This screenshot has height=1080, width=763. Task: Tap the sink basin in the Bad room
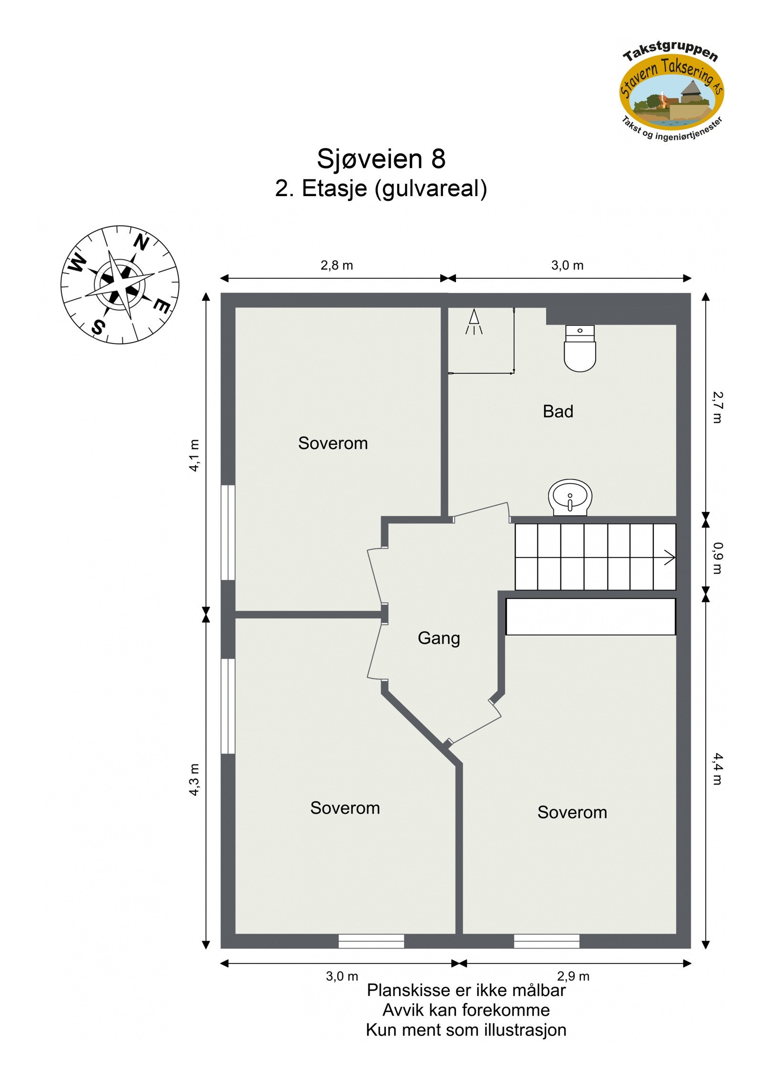570,496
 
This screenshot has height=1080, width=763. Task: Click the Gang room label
439,638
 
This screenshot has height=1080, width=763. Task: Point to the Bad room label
558,411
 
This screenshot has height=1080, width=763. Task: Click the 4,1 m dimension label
194,455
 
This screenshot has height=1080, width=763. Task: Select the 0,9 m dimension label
718,557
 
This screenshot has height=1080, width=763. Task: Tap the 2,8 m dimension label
337,265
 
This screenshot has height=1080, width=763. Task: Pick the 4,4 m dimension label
718,769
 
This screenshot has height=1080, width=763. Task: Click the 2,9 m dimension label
573,976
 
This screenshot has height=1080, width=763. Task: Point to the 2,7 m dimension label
718,407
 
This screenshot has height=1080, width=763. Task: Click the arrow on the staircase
670,557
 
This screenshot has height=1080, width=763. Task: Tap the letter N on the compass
141,243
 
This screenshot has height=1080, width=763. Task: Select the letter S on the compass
98,327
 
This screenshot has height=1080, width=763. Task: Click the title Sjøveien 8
381,159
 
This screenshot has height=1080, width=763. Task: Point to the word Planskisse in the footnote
408,991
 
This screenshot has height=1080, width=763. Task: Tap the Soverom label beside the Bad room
333,443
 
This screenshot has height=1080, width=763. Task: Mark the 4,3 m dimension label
194,779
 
